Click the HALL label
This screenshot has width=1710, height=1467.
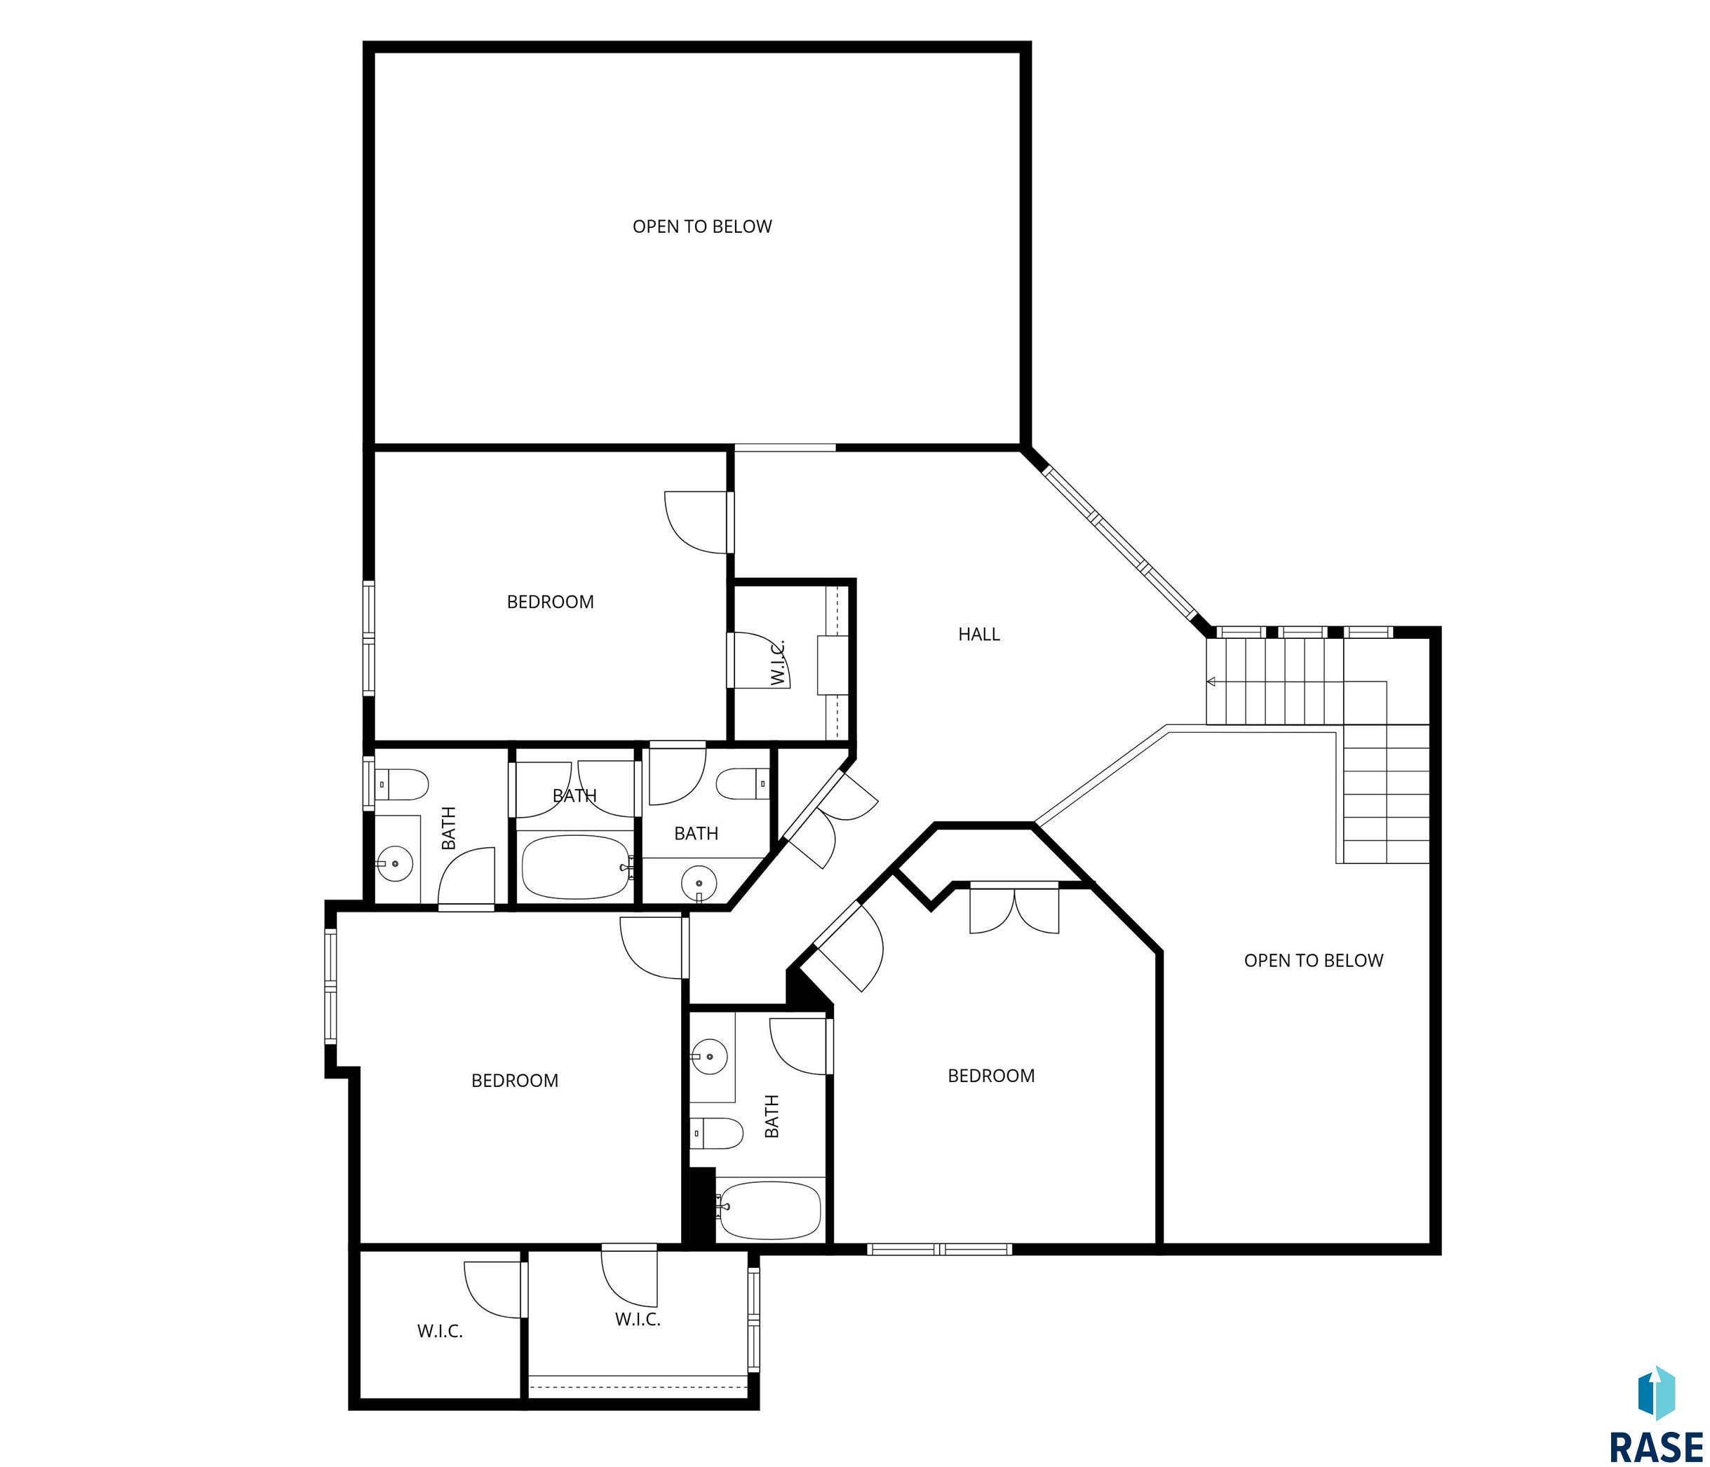pyautogui.click(x=978, y=635)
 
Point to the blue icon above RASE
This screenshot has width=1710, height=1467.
pyautogui.click(x=1657, y=1393)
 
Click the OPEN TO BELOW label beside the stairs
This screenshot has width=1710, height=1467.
pyautogui.click(x=1314, y=961)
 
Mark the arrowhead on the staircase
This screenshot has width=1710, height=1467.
pyautogui.click(x=1211, y=682)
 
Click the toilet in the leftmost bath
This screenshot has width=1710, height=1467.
pyautogui.click(x=402, y=785)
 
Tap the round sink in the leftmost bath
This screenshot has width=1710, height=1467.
pyautogui.click(x=396, y=864)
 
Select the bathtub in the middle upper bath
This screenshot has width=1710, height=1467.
pyautogui.click(x=577, y=867)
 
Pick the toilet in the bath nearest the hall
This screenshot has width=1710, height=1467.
pyautogui.click(x=743, y=784)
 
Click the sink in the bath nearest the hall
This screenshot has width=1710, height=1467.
pyautogui.click(x=699, y=884)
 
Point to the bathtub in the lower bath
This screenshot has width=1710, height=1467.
pyautogui.click(x=770, y=1210)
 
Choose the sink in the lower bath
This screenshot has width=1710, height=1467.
pyautogui.click(x=709, y=1056)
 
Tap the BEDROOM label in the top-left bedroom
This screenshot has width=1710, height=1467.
pyautogui.click(x=551, y=602)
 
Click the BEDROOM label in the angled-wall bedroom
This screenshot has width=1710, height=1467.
pyautogui.click(x=991, y=1076)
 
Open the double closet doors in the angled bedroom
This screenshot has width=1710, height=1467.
pyautogui.click(x=1014, y=910)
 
